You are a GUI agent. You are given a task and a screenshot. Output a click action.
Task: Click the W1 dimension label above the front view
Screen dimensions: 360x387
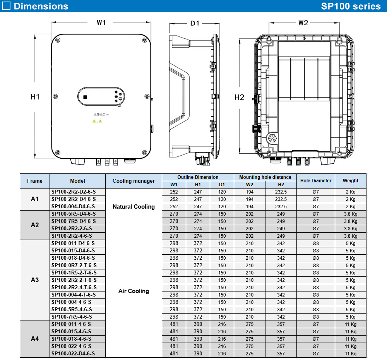pos(101,22)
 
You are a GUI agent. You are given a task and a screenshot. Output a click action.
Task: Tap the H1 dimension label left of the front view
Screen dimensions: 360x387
pos(35,97)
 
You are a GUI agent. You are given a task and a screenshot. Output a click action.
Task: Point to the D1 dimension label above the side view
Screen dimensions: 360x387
pos(195,23)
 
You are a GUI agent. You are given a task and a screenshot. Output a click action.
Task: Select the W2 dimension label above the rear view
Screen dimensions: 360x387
pos(303,23)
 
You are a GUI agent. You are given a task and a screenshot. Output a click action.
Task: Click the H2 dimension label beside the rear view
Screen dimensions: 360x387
pos(240,97)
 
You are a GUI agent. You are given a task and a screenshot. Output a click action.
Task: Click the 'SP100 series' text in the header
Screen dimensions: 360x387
pos(351,6)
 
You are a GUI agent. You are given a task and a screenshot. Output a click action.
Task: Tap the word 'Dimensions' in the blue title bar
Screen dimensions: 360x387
pos(41,6)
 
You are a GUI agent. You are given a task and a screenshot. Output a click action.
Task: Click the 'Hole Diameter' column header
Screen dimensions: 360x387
pos(315,181)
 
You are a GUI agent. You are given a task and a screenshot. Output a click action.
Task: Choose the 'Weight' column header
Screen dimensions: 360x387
pos(350,181)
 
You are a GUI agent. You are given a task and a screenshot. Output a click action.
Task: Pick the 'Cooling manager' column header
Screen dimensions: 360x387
pos(134,181)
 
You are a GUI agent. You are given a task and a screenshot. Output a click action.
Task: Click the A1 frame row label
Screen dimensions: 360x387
pos(35,199)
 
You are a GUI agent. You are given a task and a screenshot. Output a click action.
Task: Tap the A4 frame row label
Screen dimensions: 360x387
pos(35,339)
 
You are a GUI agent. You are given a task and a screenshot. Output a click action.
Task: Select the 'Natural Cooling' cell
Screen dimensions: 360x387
pos(134,207)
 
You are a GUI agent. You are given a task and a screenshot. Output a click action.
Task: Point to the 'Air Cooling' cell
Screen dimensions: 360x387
pos(134,291)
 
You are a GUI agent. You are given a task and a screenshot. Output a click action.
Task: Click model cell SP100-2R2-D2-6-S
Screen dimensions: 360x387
pos(74,192)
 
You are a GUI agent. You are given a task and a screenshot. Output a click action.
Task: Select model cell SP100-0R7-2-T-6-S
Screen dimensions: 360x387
pos(74,265)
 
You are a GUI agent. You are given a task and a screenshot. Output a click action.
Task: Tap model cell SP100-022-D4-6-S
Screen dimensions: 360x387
pos(73,353)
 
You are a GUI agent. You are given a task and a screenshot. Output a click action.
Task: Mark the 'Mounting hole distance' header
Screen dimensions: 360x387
pos(265,177)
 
